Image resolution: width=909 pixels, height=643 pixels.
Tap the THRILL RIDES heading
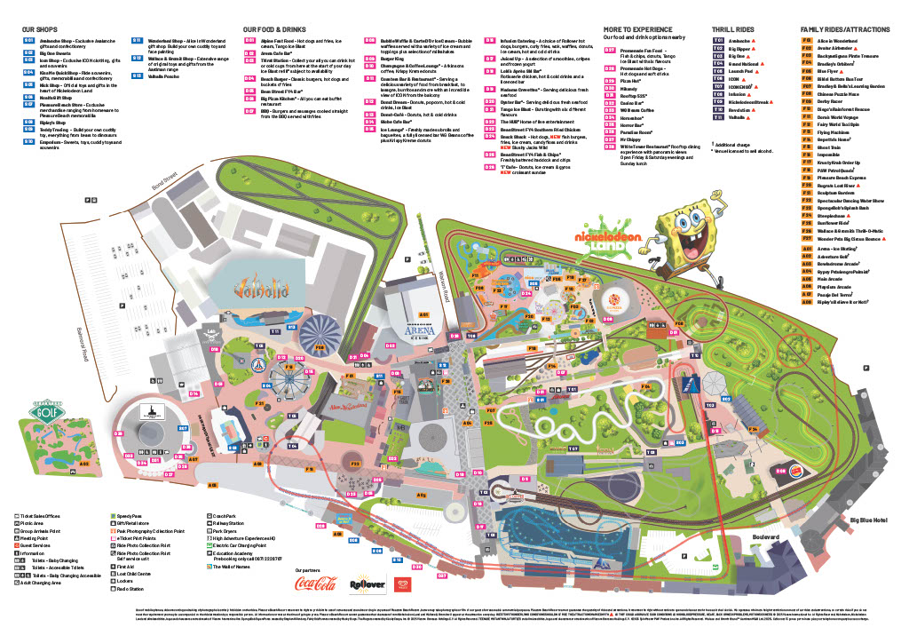pos(734,29)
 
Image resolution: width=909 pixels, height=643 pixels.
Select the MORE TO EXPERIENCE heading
pos(638,29)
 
